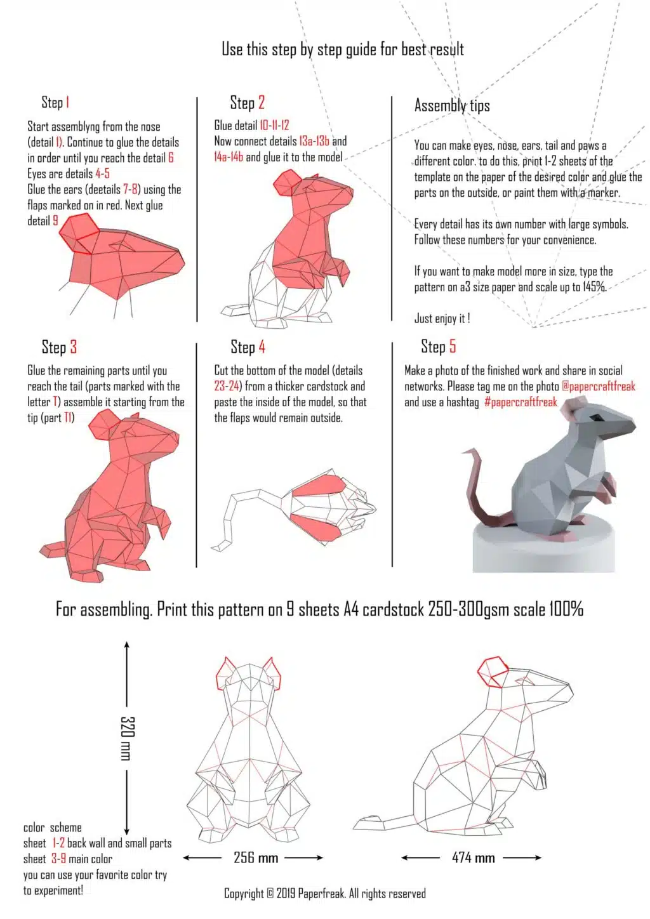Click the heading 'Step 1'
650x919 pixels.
55,102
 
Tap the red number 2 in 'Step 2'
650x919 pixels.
261,102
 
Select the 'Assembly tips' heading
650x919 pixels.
452,105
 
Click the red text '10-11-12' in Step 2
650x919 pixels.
274,126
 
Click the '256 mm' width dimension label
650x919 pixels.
255,857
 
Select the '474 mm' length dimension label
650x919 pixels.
473,857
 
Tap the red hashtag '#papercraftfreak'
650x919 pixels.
521,402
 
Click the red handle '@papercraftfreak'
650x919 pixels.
598,386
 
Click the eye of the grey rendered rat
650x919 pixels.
597,418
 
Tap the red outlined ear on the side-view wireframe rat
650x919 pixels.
493,672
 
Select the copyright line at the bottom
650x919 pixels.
324,893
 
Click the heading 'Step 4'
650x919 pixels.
248,347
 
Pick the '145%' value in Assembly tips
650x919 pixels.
594,287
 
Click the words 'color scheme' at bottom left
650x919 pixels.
52,828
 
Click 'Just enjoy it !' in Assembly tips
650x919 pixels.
442,319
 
